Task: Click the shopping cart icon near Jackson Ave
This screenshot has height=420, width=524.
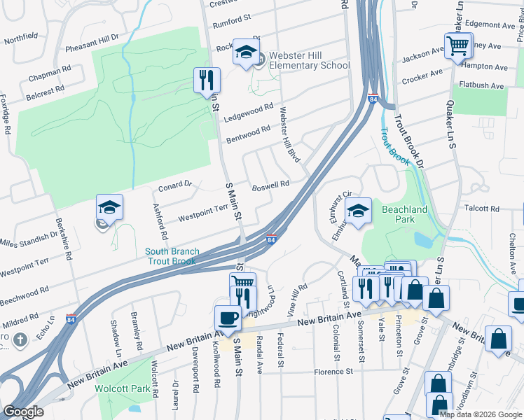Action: [x=457, y=46]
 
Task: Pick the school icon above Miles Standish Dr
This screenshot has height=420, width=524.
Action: [x=109, y=207]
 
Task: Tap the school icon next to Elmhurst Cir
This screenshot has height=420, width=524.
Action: [x=358, y=211]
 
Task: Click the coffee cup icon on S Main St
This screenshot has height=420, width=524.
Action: [x=228, y=318]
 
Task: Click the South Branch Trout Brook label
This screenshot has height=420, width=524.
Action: [x=172, y=256]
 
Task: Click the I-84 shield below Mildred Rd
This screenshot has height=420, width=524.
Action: [x=70, y=319]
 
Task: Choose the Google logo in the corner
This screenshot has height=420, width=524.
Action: [x=23, y=412]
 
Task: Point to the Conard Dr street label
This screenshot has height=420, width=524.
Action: [x=175, y=185]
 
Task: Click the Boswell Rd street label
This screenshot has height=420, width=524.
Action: [x=270, y=185]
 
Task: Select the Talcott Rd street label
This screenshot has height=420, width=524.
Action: [x=481, y=209]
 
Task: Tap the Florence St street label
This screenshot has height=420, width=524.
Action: [x=336, y=372]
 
